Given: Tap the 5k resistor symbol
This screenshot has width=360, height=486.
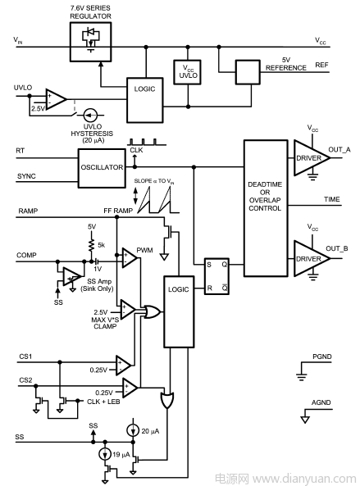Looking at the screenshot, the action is (92, 244).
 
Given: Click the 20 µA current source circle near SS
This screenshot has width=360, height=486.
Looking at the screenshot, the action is (133, 430).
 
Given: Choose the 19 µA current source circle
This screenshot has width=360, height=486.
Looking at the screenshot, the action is (105, 454).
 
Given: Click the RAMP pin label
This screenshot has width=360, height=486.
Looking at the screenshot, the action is (28, 211).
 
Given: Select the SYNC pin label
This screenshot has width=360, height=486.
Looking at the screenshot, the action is (26, 176).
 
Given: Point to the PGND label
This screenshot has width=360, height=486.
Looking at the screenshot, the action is (321, 357).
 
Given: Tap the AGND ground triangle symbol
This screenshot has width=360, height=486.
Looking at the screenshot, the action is (305, 420).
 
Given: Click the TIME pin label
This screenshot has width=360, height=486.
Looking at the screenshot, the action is (332, 199).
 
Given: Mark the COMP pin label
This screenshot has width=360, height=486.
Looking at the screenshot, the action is (26, 255).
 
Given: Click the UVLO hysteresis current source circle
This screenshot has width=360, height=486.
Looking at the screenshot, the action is (91, 116).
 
